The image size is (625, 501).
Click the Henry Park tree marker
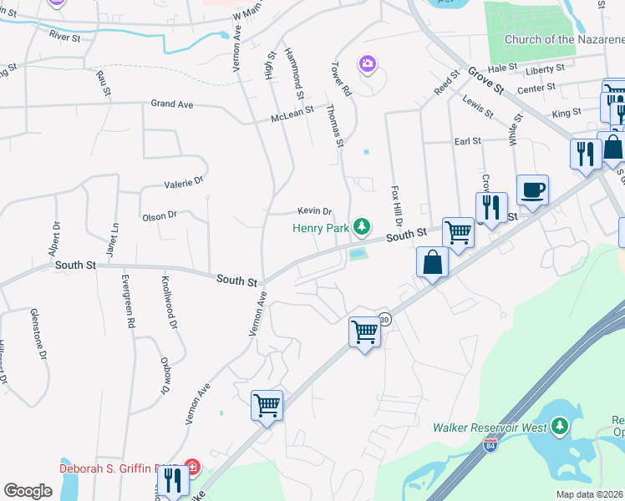[362, 225]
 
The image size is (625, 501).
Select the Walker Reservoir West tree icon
[561, 428]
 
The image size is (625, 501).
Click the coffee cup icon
[532, 191]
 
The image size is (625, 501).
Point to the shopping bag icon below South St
[433, 263]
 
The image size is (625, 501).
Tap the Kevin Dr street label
[316, 211]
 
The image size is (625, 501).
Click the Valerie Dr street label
[184, 181]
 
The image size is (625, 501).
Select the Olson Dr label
[160, 215]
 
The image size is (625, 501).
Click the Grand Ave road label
[172, 104]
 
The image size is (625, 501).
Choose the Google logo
[28, 491]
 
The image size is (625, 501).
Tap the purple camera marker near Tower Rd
[367, 63]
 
